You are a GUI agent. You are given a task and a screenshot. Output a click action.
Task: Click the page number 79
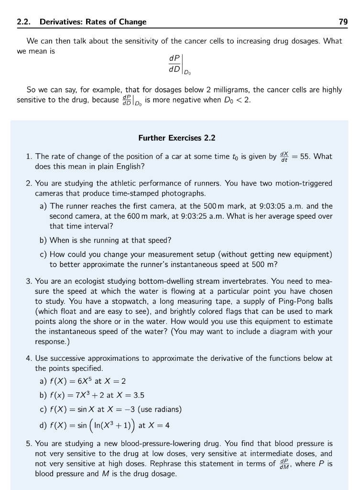point(343,22)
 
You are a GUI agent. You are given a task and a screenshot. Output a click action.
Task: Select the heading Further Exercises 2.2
point(177,138)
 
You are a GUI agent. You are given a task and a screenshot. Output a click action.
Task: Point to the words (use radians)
point(158,409)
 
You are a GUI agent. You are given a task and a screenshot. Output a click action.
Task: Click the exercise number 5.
point(29,444)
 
